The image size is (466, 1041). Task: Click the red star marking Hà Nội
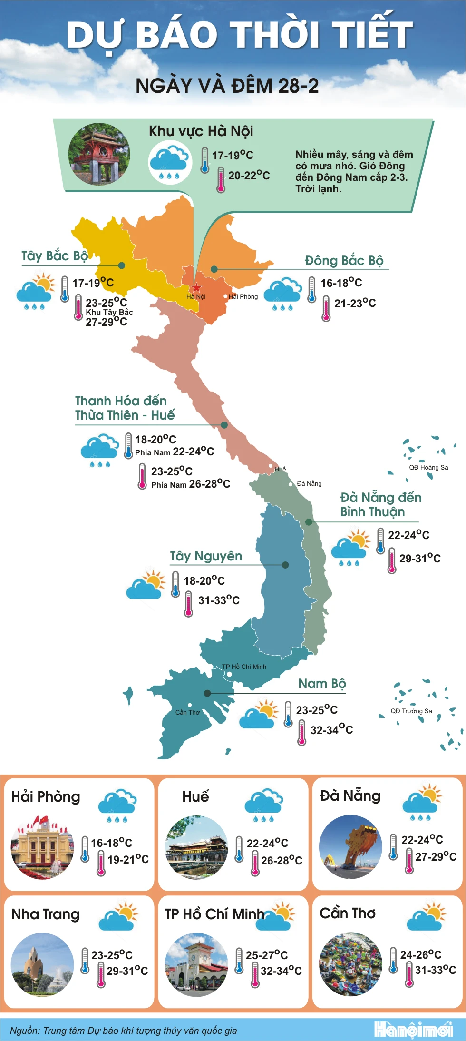pos(196,287)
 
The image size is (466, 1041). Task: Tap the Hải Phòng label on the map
pos(243,296)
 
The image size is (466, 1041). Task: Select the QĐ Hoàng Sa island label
pos(428,467)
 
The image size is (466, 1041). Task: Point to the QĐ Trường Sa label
pos(411,711)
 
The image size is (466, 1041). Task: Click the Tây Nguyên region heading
pos(206,556)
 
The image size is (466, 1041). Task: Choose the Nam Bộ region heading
pos(322,683)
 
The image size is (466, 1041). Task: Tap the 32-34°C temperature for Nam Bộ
pos(331,729)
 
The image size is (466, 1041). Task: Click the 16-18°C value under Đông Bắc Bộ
pos(341,283)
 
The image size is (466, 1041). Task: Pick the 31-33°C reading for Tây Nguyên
pos(219,600)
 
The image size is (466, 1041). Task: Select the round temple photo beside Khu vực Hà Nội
pos(99,154)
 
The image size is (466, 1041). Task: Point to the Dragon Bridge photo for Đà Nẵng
pos(350,846)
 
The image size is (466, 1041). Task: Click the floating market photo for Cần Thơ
pos(350,964)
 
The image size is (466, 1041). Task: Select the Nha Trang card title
pos(45,914)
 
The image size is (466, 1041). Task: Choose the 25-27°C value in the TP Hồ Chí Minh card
pos(267,955)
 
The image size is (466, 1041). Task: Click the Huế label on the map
pos(280,469)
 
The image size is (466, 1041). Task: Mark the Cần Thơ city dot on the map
pos(190,705)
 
